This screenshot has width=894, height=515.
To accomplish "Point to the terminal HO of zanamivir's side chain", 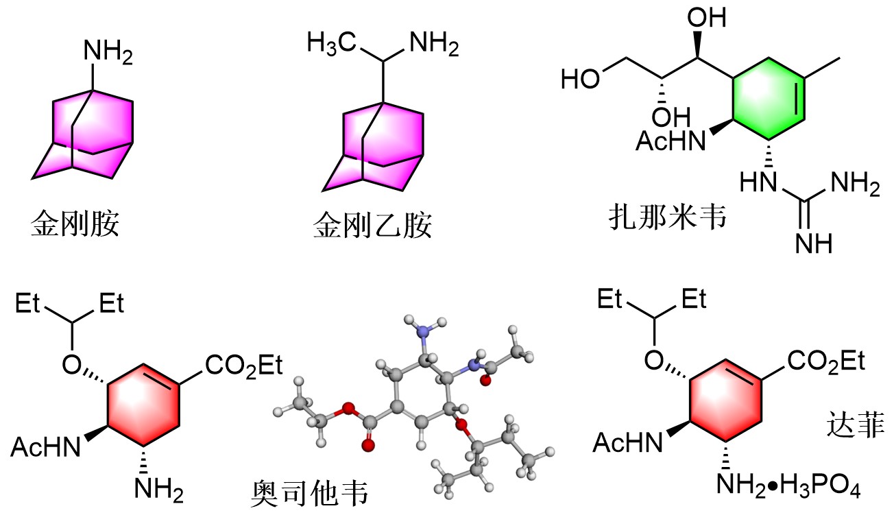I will pos(579,78).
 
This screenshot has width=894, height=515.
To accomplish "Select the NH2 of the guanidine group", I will pos(854,184).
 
